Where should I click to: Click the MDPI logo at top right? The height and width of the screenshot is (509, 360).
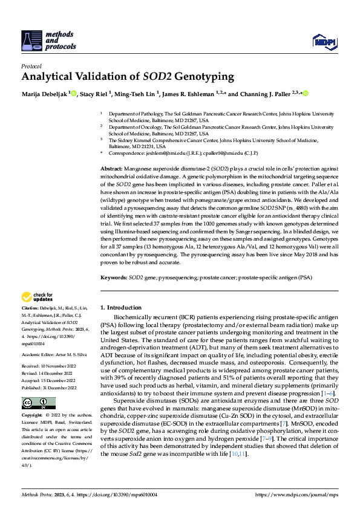(324, 40)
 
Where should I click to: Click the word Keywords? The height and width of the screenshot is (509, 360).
(113, 277)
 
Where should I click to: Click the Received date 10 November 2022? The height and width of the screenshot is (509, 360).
(57, 365)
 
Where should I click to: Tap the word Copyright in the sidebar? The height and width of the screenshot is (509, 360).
(33, 416)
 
